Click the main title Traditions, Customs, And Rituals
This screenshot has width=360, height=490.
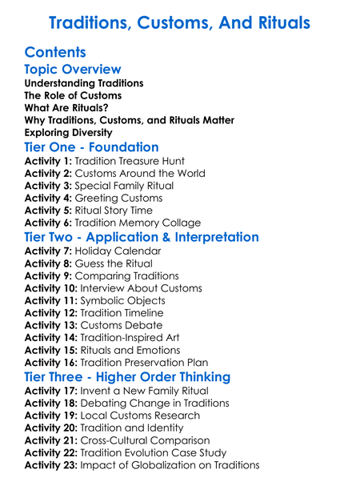[x=180, y=22]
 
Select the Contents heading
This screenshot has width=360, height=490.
[x=55, y=52]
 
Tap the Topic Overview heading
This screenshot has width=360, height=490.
[x=73, y=70]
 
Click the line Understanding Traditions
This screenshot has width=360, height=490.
[x=84, y=83]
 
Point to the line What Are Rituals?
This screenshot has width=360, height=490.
[x=66, y=107]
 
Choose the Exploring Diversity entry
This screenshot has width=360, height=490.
[x=68, y=132]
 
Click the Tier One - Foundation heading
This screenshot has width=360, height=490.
[x=91, y=147]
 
